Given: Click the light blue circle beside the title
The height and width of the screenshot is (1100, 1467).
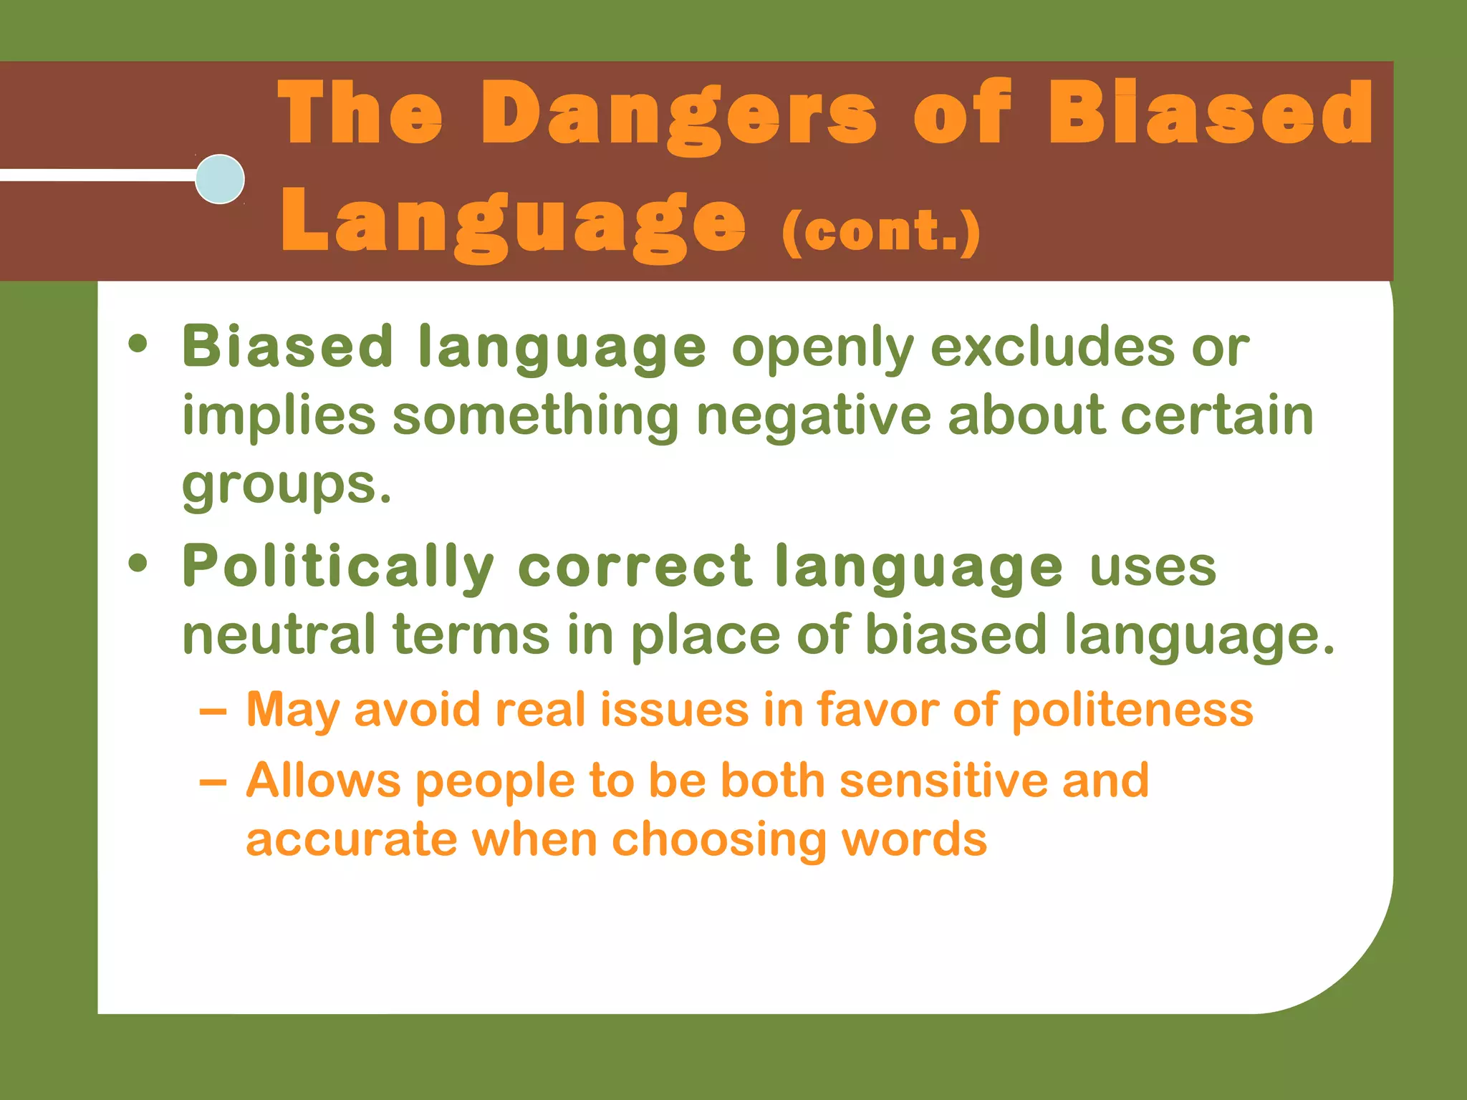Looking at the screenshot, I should (x=220, y=179).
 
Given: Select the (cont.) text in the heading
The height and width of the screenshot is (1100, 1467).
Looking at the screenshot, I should (x=880, y=231).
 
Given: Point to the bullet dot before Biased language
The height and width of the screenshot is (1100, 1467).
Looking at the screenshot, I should (x=138, y=346).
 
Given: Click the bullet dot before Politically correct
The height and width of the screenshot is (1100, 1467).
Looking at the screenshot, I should (x=138, y=564).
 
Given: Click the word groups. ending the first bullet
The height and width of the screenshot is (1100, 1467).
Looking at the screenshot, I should (x=287, y=486).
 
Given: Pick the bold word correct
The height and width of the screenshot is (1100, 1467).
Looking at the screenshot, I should (x=635, y=566).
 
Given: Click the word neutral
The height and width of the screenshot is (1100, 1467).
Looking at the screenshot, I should (x=279, y=635).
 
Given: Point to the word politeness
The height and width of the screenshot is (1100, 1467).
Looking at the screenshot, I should (x=1132, y=710).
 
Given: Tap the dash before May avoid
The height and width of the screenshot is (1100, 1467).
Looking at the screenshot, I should (x=213, y=712).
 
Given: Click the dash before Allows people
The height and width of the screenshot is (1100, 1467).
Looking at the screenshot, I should (x=213, y=782).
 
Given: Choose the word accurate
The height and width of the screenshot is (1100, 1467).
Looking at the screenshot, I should (x=351, y=839).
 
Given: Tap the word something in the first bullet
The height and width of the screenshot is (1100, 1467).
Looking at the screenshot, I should (x=535, y=417).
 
